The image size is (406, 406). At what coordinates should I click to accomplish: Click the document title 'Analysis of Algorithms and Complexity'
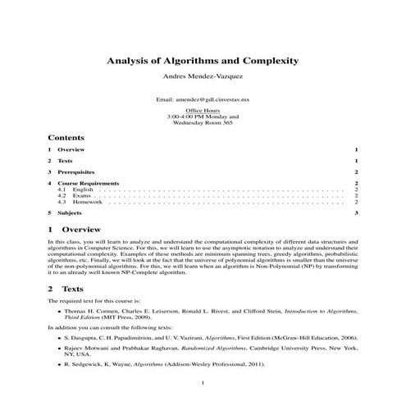(x=203, y=61)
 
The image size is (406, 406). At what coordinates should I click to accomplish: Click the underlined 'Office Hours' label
(x=203, y=109)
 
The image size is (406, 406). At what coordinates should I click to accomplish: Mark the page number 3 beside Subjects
(x=357, y=212)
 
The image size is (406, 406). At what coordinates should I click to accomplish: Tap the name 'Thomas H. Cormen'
(x=89, y=312)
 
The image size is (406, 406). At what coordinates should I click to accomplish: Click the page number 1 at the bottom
(x=203, y=384)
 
